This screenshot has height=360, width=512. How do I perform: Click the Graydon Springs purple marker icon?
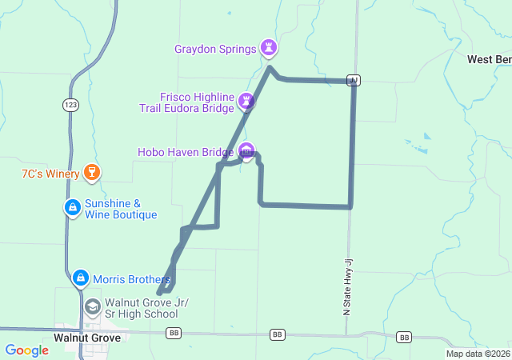click(270, 49)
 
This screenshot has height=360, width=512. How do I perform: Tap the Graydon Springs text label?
click(215, 49)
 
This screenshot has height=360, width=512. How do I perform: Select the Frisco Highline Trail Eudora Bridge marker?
click(246, 102)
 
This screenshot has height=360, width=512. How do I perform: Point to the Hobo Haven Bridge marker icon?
click(246, 150)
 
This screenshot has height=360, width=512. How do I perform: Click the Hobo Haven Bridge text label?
click(185, 150)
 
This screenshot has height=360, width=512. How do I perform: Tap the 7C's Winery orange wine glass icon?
click(92, 172)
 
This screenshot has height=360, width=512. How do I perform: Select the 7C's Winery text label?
click(50, 173)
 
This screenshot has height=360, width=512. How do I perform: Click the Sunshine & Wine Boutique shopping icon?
click(73, 208)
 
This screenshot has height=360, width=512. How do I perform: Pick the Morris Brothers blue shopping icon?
click(81, 278)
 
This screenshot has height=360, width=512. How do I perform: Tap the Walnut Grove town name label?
click(87, 338)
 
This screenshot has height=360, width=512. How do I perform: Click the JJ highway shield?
click(354, 79)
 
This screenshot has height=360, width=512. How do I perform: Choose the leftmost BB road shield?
click(172, 333)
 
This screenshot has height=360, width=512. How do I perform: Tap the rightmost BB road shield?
click(405, 337)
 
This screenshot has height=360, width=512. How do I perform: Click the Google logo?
click(26, 350)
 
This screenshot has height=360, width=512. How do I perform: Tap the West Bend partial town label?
click(489, 59)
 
